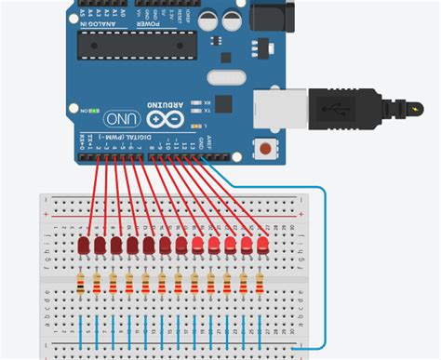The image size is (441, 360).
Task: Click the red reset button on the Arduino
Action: point(270,148)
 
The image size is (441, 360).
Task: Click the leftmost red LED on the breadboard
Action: point(84,246)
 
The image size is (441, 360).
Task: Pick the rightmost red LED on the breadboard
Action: point(261,246)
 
